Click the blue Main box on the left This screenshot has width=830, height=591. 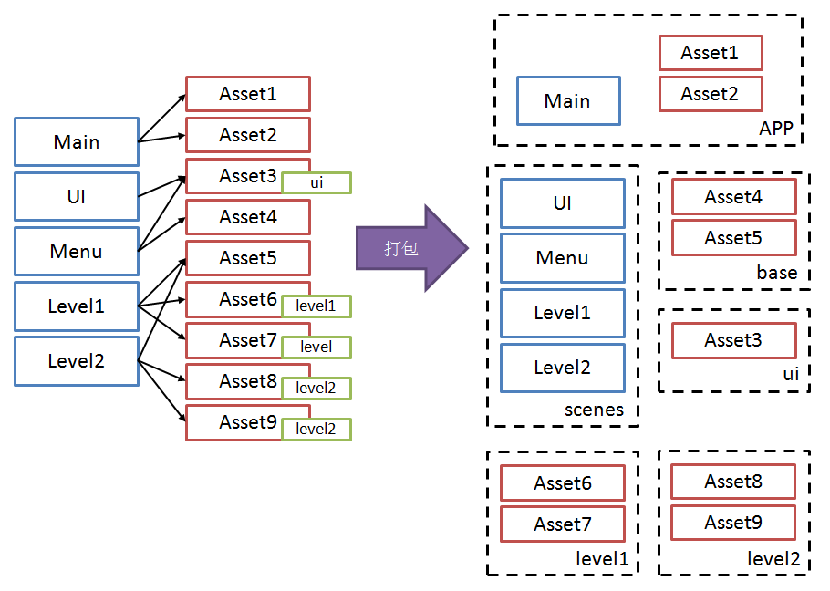pyautogui.click(x=77, y=141)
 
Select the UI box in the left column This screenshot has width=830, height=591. pyautogui.click(x=77, y=196)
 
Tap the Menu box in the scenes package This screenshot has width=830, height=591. pyautogui.click(x=562, y=258)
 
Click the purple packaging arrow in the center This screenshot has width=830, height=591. pyautogui.click(x=410, y=248)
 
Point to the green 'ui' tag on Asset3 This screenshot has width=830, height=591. pyautogui.click(x=316, y=182)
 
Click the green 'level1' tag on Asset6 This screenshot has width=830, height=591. pyautogui.click(x=316, y=306)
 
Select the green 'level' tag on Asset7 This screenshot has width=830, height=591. pyautogui.click(x=316, y=347)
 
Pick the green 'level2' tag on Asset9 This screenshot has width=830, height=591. pyautogui.click(x=316, y=429)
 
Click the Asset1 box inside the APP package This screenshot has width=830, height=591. pyautogui.click(x=710, y=53)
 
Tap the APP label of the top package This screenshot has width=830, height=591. pyautogui.click(x=775, y=129)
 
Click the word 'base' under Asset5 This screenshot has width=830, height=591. pyautogui.click(x=776, y=273)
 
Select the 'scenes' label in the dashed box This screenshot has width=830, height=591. pyautogui.click(x=594, y=410)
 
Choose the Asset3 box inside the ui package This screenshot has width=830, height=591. pyautogui.click(x=733, y=340)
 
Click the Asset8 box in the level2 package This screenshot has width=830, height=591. pyautogui.click(x=733, y=482)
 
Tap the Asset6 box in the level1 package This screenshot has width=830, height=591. pyautogui.click(x=562, y=483)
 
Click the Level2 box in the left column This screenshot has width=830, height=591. pyautogui.click(x=77, y=360)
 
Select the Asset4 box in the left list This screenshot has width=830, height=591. pyautogui.click(x=247, y=217)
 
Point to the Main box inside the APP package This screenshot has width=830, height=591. pyautogui.click(x=567, y=100)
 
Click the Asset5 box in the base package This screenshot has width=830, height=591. pyautogui.click(x=733, y=238)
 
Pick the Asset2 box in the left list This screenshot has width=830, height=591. pyautogui.click(x=247, y=135)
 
